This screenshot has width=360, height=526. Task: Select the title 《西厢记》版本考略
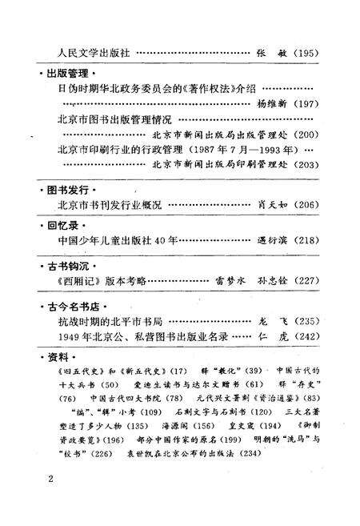point(102,282)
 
